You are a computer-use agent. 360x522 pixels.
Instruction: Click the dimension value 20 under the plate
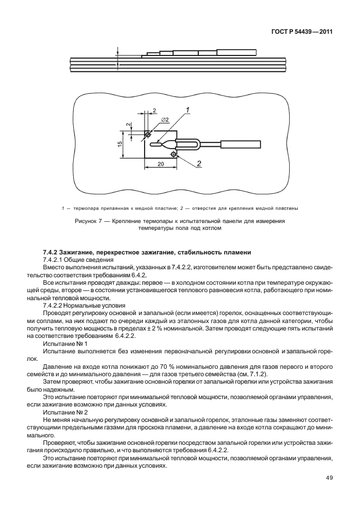[161, 164]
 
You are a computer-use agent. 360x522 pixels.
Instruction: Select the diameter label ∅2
[164, 119]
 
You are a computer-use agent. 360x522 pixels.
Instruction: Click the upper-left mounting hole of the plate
[148, 134]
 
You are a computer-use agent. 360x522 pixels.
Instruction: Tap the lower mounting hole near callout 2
[173, 154]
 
